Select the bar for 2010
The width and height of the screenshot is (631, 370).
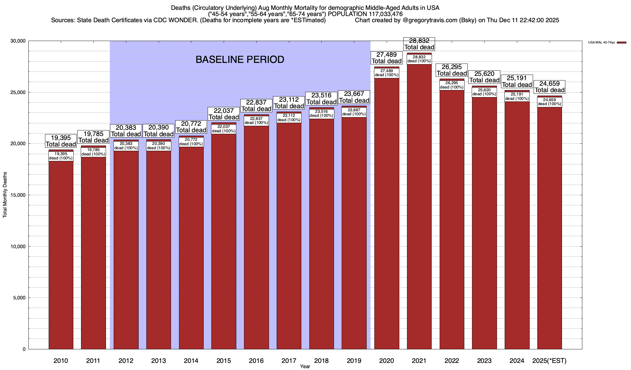(61, 253)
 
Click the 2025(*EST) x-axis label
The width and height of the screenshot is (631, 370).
(549, 360)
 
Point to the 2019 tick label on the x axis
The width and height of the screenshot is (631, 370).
(354, 360)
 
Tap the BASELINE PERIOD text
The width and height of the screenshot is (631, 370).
(240, 60)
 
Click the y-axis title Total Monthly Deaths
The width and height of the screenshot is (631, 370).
(5, 195)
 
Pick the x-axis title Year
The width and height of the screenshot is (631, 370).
(305, 367)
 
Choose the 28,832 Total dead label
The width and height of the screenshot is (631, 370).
(419, 44)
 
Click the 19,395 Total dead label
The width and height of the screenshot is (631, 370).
(61, 141)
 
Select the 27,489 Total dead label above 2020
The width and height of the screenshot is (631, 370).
(386, 58)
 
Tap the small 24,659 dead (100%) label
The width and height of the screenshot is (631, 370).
(549, 102)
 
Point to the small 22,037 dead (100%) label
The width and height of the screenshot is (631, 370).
(224, 129)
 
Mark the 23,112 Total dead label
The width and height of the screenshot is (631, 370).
(289, 103)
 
